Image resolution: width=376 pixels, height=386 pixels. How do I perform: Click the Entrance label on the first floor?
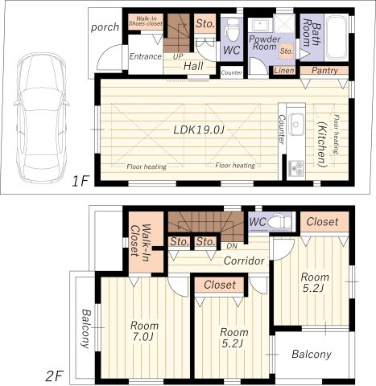pos(146,56)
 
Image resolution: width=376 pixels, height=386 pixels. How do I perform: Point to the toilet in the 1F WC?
pos(231,31)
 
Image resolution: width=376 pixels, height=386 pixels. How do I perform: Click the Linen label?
pos(283,71)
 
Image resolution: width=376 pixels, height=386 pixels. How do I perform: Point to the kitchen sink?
pos(295,123)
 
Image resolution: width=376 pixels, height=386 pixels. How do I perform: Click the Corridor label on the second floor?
pos(244,261)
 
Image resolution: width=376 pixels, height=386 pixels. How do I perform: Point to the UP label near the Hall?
pos(176,57)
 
